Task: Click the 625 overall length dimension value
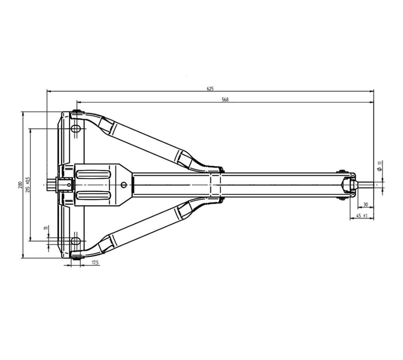coord(210,89)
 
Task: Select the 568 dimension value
coord(225,100)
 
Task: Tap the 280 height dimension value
coord(20,185)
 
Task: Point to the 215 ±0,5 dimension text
coord(28,184)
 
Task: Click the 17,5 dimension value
coord(95,262)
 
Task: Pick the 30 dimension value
coord(366,205)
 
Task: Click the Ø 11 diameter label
coord(380,166)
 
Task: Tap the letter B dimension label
coord(45,228)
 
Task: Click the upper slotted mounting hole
coord(76,128)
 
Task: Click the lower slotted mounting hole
coord(76,241)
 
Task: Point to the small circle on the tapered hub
coord(124,184)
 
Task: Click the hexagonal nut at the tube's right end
coord(349,184)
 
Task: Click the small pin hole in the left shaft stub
coord(69,184)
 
